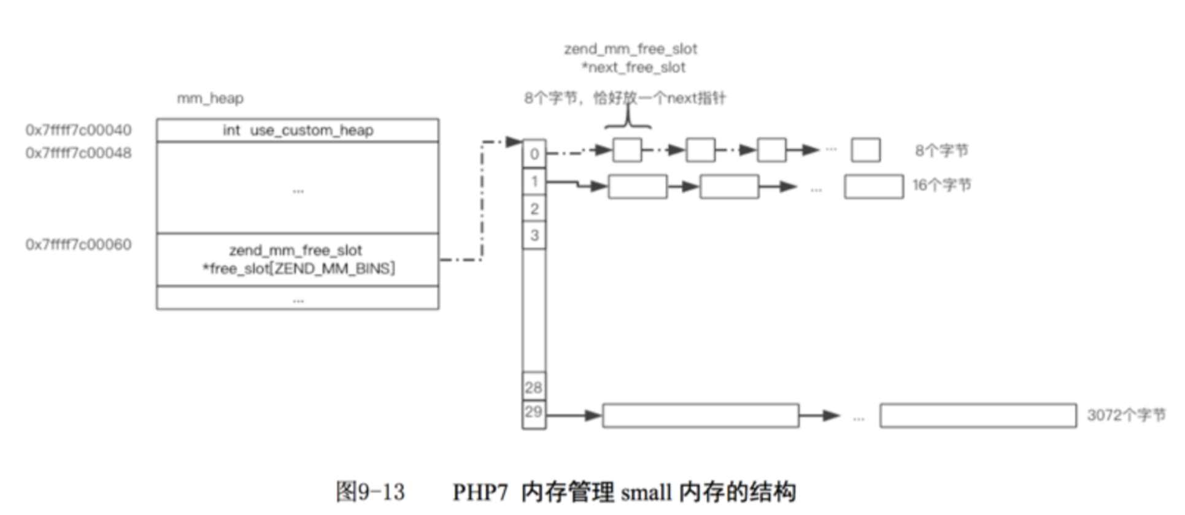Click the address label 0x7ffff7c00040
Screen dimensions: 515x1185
click(x=79, y=130)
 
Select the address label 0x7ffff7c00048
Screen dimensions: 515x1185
click(x=79, y=153)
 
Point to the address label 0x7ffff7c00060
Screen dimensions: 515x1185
click(x=79, y=245)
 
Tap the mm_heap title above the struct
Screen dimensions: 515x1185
click(x=210, y=98)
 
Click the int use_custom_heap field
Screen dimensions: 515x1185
click(x=298, y=130)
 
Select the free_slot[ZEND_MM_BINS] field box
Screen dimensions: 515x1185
click(x=298, y=259)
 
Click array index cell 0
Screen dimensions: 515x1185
click(x=534, y=153)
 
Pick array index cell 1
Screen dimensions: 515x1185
click(x=534, y=181)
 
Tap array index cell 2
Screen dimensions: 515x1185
click(x=534, y=208)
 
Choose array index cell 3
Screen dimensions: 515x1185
click(x=534, y=235)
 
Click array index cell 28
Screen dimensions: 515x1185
click(x=533, y=387)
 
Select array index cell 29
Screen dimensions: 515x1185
click(x=533, y=412)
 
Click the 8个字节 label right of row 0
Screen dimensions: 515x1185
click(x=941, y=151)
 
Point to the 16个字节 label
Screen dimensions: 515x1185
click(x=941, y=185)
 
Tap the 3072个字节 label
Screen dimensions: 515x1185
click(x=1126, y=415)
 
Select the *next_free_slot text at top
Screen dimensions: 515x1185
click(x=633, y=67)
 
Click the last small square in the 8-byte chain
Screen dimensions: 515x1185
click(x=865, y=150)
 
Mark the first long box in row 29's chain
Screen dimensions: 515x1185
click(x=700, y=415)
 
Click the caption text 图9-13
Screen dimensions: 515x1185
click(x=370, y=492)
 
